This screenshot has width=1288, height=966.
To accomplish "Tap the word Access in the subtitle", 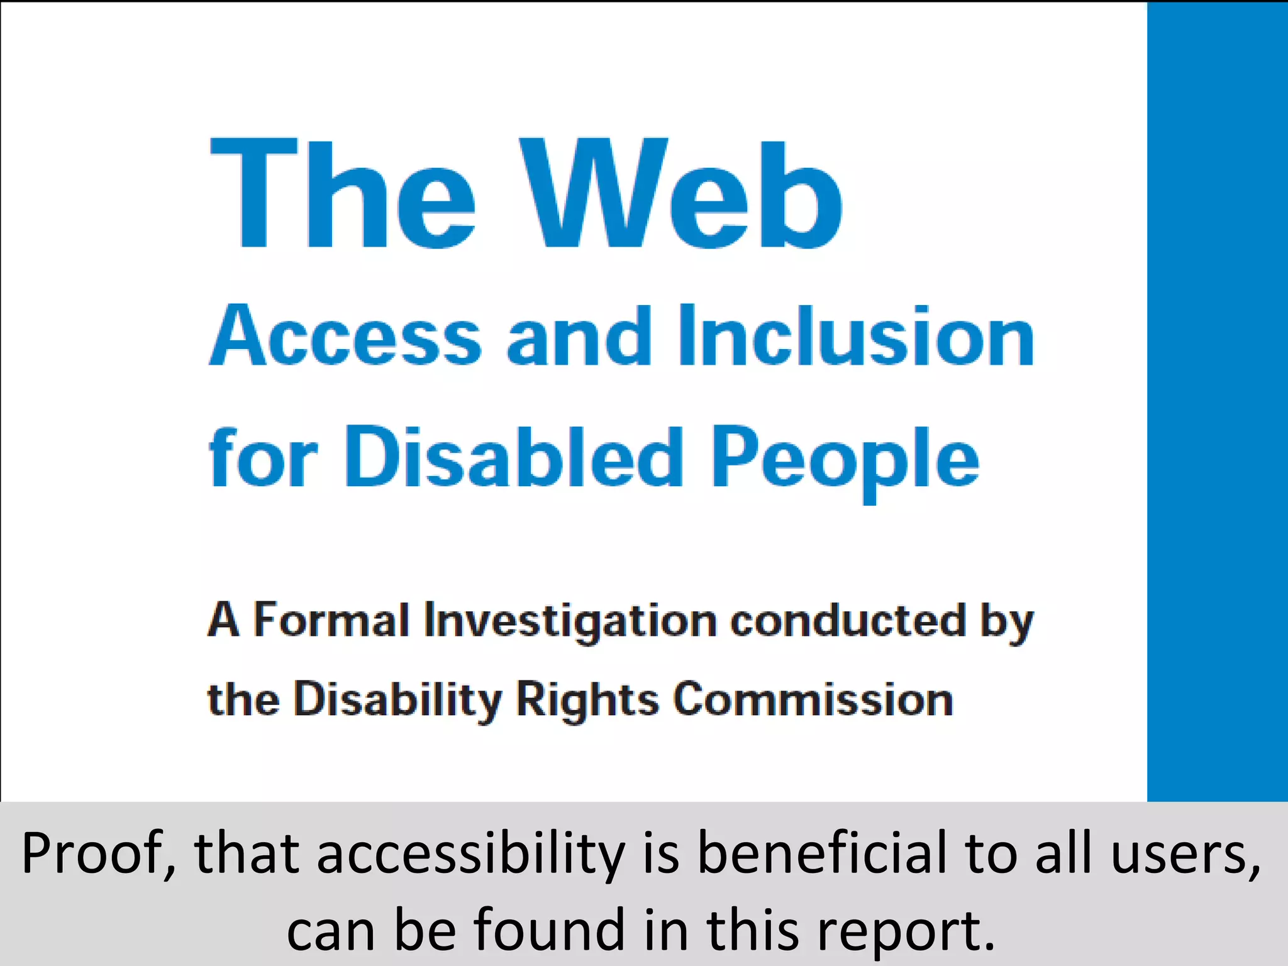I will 345,336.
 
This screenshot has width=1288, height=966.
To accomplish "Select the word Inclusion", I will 856,336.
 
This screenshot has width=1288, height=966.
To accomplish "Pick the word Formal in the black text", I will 331,620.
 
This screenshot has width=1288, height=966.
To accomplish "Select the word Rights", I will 587,700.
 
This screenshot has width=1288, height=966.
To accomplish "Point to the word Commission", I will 813,699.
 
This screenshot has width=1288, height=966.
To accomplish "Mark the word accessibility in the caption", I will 470,854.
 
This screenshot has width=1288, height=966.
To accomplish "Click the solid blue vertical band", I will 1217,402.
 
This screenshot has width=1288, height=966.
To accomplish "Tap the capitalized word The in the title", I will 343,194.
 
